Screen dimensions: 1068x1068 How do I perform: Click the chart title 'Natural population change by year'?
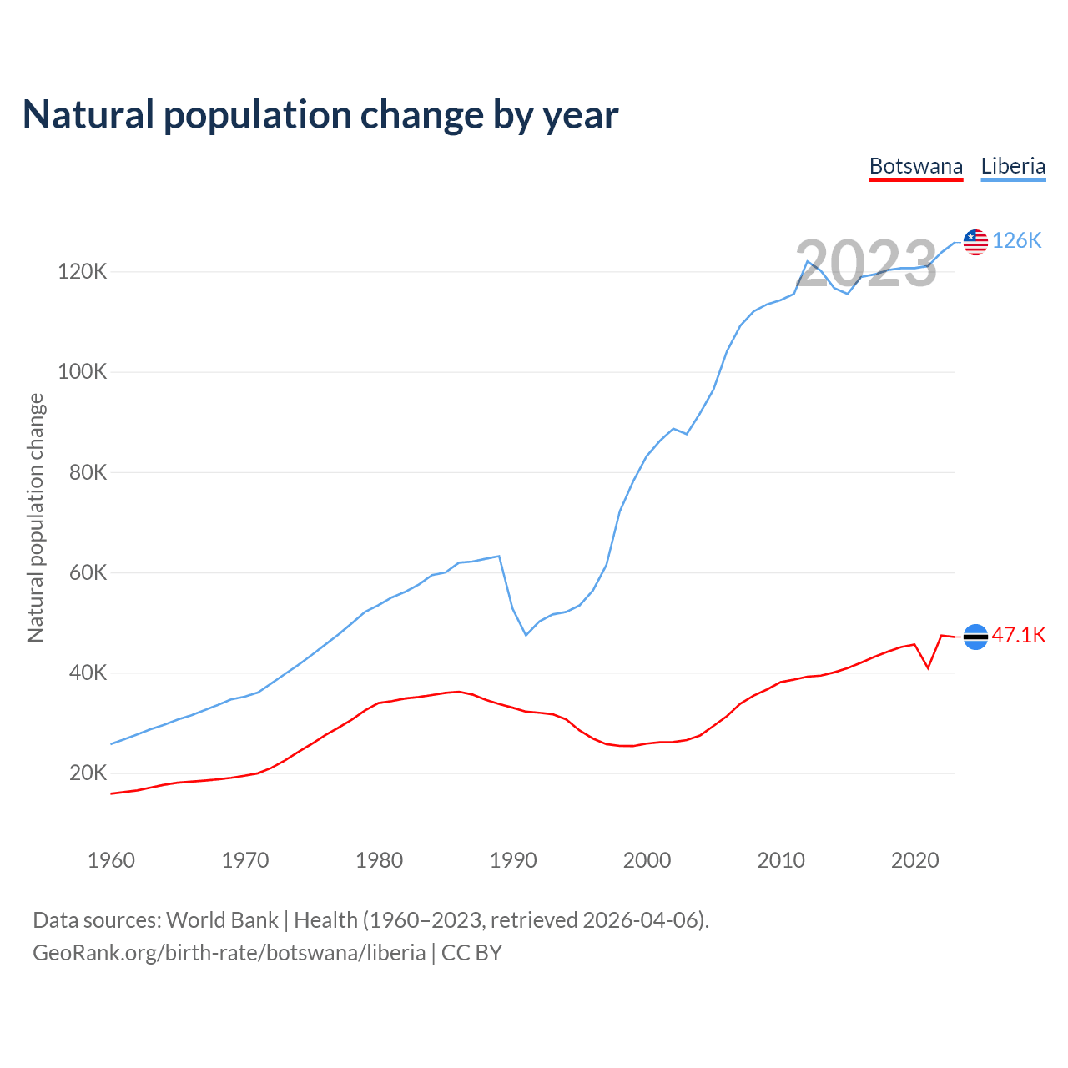(x=320, y=115)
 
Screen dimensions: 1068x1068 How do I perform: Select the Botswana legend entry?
(x=915, y=166)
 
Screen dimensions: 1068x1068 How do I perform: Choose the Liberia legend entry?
(x=1013, y=166)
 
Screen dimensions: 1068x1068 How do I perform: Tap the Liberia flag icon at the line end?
(x=975, y=242)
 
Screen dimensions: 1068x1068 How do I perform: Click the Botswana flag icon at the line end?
(x=975, y=637)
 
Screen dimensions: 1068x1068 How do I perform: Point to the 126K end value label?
(x=1017, y=241)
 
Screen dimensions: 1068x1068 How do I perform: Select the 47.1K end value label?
(x=1019, y=636)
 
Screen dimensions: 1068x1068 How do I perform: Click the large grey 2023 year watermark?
(x=866, y=264)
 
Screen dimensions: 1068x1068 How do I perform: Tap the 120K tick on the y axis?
(x=82, y=272)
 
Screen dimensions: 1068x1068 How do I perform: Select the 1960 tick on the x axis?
(x=111, y=860)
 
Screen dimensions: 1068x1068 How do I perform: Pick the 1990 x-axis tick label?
(x=513, y=860)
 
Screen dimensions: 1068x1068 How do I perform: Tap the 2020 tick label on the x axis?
(x=914, y=860)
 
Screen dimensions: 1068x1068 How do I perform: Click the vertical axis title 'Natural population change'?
(x=36, y=518)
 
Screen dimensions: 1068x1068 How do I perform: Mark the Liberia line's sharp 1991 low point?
(x=526, y=635)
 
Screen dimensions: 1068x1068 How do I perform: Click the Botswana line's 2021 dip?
(x=928, y=667)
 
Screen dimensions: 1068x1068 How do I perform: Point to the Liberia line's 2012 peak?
(x=807, y=262)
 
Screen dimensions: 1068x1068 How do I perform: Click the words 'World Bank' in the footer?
(x=222, y=920)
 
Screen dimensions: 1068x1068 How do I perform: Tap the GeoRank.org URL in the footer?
(x=229, y=953)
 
